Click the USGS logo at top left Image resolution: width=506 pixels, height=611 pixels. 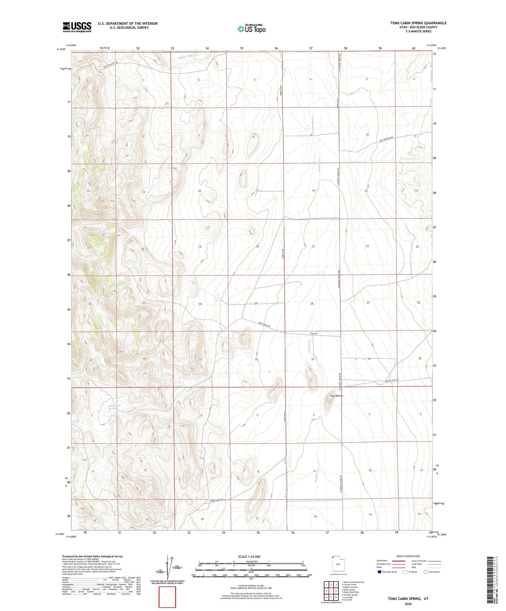pyautogui.click(x=77, y=27)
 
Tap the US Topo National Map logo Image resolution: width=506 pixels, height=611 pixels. pyautogui.click(x=252, y=29)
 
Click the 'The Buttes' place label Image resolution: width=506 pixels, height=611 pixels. pyautogui.click(x=336, y=396)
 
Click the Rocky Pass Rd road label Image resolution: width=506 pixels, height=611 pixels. pyautogui.click(x=392, y=381)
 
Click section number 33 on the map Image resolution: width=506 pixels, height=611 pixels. pyautogui.click(x=312, y=359)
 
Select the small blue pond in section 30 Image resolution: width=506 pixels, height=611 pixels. pyautogui.click(x=218, y=297)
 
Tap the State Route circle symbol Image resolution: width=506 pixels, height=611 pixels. pyautogui.click(x=426, y=572)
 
